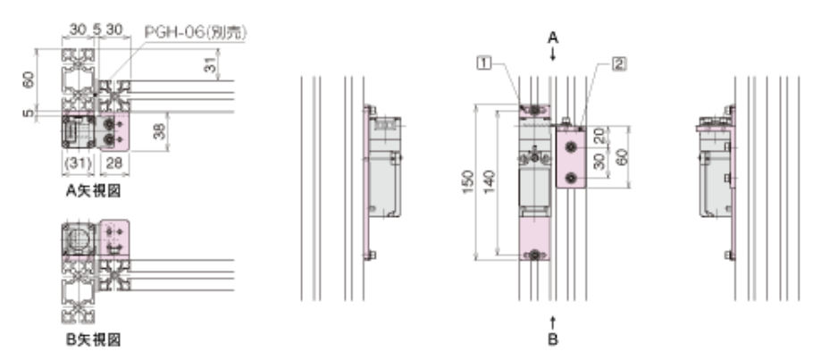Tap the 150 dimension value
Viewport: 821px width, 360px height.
[469, 181]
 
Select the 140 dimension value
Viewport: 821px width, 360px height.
[490, 181]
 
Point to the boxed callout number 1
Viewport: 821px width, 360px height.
[484, 63]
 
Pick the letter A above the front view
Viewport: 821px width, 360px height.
[553, 38]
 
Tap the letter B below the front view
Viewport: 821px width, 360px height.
[553, 339]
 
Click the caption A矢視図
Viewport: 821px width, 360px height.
[93, 191]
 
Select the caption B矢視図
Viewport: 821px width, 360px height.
[93, 340]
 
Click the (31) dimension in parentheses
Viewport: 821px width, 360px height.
[79, 163]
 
